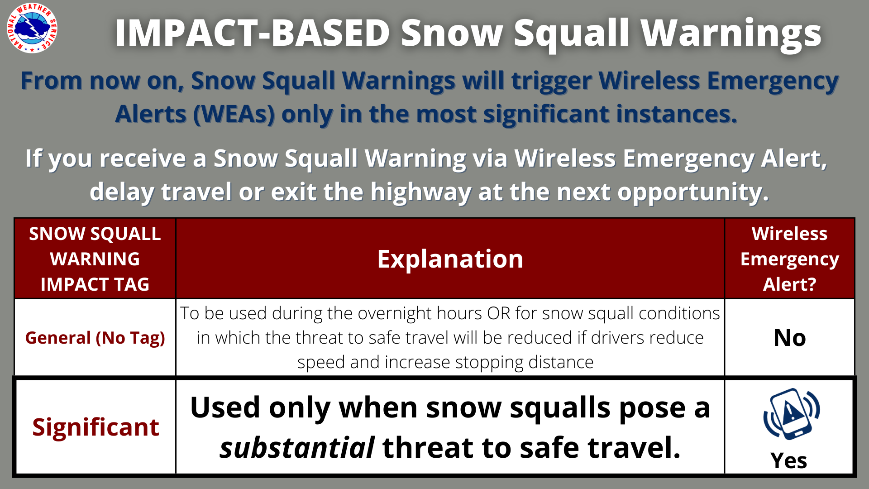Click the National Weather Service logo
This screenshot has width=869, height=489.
click(x=32, y=28)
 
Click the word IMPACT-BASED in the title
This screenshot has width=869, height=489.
click(x=252, y=33)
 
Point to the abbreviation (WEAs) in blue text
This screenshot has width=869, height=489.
click(x=234, y=114)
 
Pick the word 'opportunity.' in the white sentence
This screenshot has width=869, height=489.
click(x=693, y=192)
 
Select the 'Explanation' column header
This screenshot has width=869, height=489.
click(x=450, y=259)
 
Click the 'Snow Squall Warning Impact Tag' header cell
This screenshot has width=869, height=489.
click(x=95, y=259)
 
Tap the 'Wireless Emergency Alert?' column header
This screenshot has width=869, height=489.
click(x=790, y=259)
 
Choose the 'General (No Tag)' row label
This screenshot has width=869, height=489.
click(x=95, y=338)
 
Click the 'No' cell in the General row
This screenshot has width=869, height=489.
click(x=790, y=338)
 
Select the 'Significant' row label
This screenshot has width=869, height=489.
click(x=95, y=427)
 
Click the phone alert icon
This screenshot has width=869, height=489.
click(x=792, y=414)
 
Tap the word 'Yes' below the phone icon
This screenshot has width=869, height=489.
click(x=789, y=461)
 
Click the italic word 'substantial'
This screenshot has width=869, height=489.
click(x=297, y=448)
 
